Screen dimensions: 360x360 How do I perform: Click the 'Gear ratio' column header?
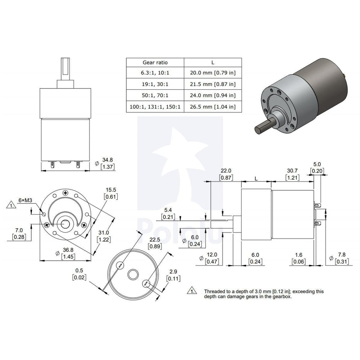tap(155, 62)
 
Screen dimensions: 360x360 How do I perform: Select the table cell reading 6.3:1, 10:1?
tap(155, 73)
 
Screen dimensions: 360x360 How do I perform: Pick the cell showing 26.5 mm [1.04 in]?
tap(213, 107)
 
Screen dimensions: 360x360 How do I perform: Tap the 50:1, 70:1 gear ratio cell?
tap(155, 95)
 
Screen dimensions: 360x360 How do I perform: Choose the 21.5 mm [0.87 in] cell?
tap(213, 84)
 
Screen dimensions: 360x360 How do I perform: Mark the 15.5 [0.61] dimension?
tap(111, 193)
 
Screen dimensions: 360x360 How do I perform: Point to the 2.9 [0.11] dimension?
tap(173, 275)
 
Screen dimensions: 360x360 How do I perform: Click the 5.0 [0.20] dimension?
tap(317, 167)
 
